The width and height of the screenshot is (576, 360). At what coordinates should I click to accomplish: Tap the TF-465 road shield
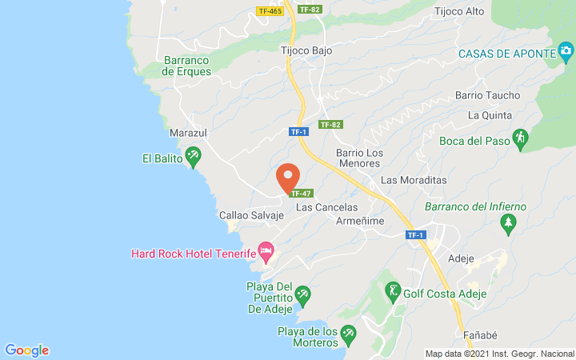[270, 10]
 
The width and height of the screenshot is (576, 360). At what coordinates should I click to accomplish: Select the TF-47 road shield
[301, 194]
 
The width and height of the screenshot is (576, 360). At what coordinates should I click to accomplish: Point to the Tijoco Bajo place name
[306, 50]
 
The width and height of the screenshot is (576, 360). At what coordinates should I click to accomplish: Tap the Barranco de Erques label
[186, 66]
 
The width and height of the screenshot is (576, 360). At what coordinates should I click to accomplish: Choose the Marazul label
[189, 133]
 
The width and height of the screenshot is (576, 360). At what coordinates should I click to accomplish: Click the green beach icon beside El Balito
[192, 155]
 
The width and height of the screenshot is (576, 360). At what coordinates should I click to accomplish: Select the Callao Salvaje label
[251, 215]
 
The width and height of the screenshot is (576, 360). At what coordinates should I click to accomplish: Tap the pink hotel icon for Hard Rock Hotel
[266, 252]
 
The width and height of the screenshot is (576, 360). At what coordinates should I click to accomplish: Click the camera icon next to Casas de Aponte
[566, 53]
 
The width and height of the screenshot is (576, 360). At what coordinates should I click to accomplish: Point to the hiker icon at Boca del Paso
[520, 138]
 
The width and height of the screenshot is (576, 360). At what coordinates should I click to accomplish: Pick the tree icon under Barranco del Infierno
[507, 225]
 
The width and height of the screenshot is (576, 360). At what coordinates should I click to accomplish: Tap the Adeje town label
[462, 258]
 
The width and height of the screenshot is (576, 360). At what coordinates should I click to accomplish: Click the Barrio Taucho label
[487, 95]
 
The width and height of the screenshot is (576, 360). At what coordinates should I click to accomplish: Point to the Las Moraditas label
[414, 180]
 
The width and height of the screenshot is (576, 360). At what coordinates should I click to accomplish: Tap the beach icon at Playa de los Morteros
[348, 332]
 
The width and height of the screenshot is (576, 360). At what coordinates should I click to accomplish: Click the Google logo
[27, 350]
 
